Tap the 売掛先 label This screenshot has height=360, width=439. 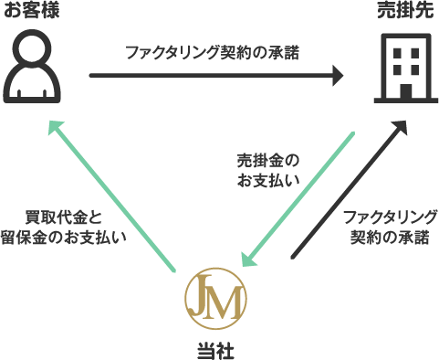[x=402, y=12]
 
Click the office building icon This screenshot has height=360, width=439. [x=402, y=64]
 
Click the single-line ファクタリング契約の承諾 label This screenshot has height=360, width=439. [x=212, y=52]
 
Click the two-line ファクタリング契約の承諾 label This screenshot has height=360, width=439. [x=389, y=228]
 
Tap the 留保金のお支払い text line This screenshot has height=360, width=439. [x=75, y=237]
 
